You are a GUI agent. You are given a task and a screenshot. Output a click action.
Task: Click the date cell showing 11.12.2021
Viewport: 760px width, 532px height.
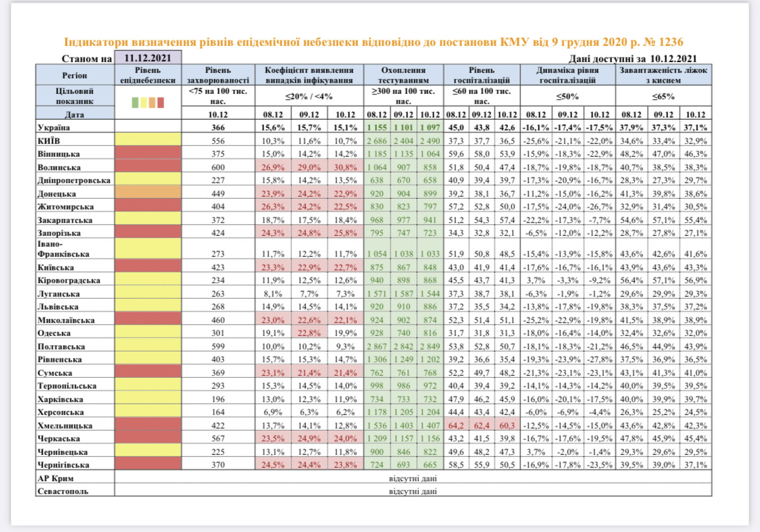coord(148,58)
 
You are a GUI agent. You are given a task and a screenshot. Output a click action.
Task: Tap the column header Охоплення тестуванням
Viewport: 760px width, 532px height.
coord(403,74)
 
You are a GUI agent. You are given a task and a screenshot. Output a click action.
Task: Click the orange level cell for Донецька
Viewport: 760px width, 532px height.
coord(149,193)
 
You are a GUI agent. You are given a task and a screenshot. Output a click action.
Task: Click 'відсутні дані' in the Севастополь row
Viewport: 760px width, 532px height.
coord(412,491)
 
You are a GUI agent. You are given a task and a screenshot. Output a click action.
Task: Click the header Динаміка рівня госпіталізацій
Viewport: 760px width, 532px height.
coord(567,74)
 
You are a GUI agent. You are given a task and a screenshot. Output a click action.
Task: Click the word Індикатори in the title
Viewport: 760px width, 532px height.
coord(95,42)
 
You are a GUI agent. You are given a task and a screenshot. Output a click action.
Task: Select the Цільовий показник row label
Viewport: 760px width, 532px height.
coord(74,95)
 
